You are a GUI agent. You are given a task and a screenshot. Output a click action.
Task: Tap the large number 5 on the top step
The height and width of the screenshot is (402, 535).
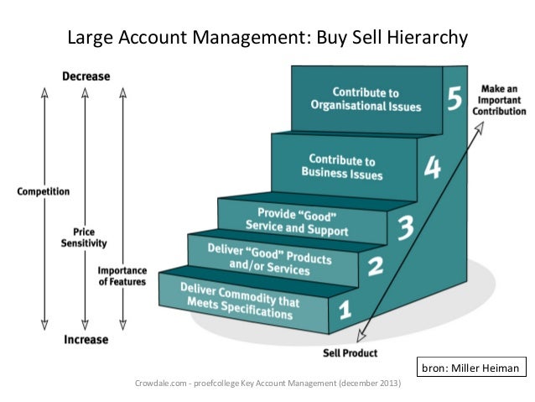[454, 100]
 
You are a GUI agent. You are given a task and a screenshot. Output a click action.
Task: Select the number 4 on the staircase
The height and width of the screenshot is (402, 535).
[431, 168]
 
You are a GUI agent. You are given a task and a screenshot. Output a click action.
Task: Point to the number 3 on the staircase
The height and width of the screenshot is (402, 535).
[404, 226]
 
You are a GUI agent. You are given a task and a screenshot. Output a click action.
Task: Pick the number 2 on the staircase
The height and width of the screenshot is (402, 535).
[375, 268]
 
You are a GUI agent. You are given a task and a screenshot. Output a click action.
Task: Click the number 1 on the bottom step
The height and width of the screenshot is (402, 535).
[344, 311]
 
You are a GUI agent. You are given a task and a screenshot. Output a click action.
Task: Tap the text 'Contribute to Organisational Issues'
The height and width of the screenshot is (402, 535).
[365, 99]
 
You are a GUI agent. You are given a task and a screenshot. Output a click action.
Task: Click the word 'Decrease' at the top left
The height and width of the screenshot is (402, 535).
[86, 76]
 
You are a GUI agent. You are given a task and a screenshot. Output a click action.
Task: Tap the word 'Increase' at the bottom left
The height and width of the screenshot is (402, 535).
[86, 340]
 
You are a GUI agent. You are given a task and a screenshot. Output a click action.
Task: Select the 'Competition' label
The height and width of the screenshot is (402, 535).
[44, 191]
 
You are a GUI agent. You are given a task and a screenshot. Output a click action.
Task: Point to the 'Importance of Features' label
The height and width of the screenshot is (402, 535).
[122, 276]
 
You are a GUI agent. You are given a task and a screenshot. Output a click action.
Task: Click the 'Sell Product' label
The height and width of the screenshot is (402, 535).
[350, 353]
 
